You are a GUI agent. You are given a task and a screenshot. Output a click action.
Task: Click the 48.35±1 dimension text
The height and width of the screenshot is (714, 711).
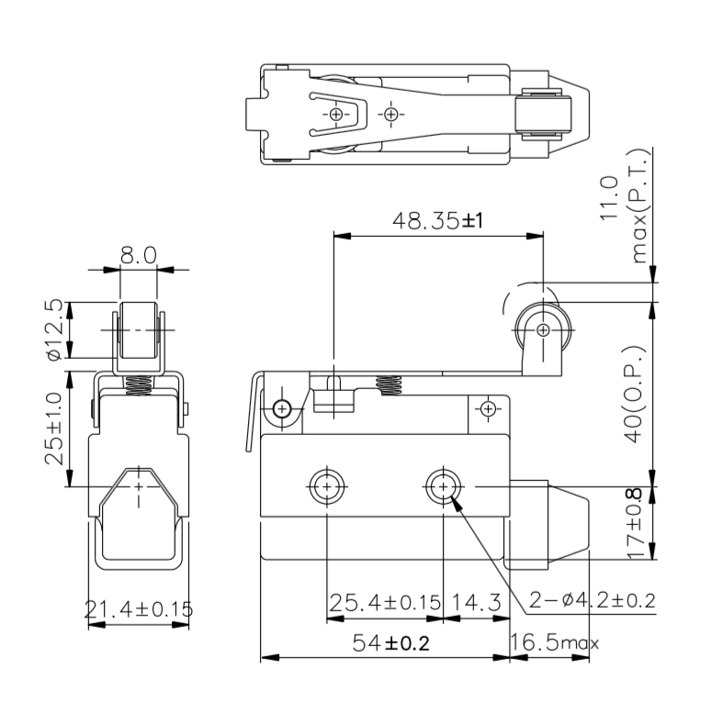point(437,221)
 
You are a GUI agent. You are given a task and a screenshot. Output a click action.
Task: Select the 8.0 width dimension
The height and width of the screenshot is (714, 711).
point(139,255)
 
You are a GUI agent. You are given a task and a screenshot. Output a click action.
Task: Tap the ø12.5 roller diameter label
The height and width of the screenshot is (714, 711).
point(55,330)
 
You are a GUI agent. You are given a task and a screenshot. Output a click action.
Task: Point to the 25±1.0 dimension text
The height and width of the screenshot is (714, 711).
point(55,428)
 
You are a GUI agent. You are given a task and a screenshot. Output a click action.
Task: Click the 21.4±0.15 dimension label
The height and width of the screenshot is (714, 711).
point(139,608)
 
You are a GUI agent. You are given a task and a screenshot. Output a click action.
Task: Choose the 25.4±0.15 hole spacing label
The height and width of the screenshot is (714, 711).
point(385,603)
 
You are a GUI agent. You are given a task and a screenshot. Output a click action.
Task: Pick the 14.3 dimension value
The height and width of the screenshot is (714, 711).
point(476,603)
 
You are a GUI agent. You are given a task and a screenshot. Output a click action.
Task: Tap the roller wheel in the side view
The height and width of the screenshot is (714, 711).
point(541,328)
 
